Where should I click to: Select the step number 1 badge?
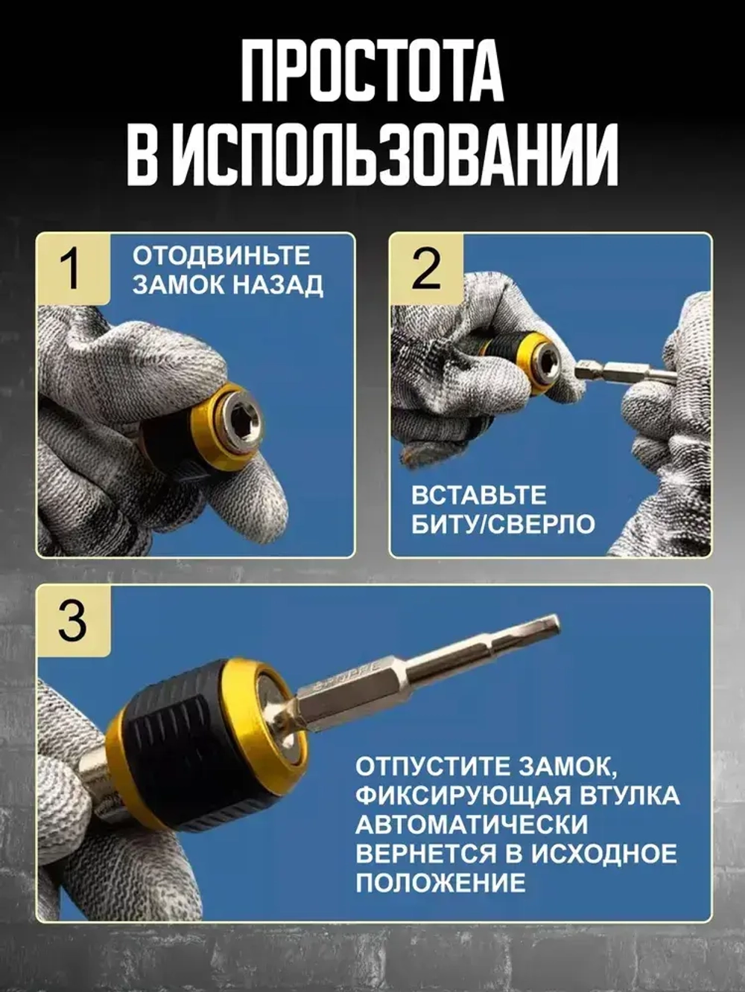pyautogui.click(x=72, y=269)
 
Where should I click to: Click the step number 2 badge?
pyautogui.click(x=425, y=269)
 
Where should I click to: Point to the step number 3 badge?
pyautogui.click(x=72, y=621)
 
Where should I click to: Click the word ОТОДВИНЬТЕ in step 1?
pyautogui.click(x=221, y=255)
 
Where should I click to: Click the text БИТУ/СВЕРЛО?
pyautogui.click(x=504, y=524)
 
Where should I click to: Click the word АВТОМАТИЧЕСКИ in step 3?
pyautogui.click(x=471, y=824)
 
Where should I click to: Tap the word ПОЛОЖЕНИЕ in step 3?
pyautogui.click(x=440, y=883)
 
